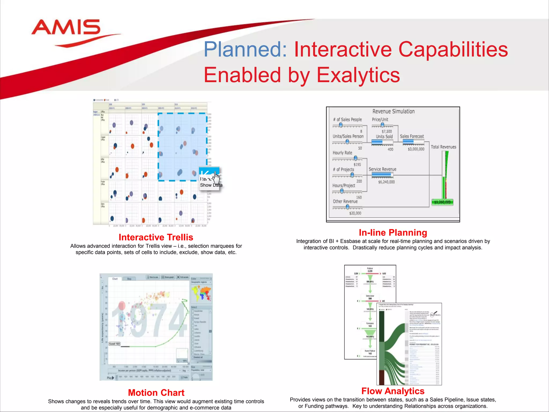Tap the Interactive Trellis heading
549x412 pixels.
tap(156, 237)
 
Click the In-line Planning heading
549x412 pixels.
tap(393, 233)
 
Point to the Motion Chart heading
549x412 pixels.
tap(156, 393)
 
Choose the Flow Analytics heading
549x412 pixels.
tap(393, 391)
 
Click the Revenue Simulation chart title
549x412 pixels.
tap(393, 111)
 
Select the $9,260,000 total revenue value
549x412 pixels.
tap(442, 202)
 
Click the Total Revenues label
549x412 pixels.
tap(443, 147)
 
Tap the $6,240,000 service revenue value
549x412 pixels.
tap(386, 182)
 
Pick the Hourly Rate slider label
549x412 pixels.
tap(342, 153)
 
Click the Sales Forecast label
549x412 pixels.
tap(412, 136)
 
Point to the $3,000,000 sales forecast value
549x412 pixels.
tap(416, 149)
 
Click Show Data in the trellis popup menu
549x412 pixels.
tap(211, 185)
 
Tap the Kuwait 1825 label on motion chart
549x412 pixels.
tap(114, 344)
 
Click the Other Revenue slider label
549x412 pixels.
tap(345, 201)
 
